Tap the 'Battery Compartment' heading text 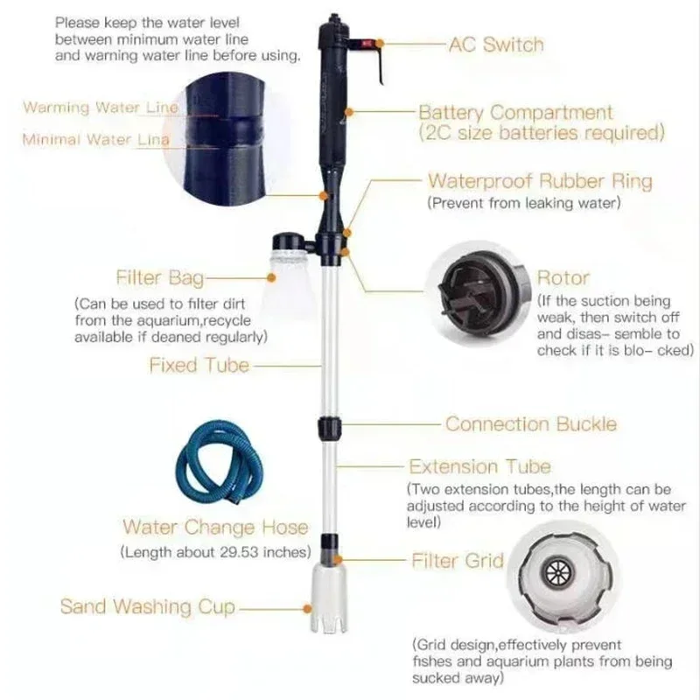pyautogui.click(x=515, y=113)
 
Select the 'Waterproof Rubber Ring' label pyautogui.click(x=539, y=182)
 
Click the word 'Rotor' pyautogui.click(x=563, y=278)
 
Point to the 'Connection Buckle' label pyautogui.click(x=530, y=424)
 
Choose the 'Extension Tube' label pyautogui.click(x=480, y=466)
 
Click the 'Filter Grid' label pyautogui.click(x=458, y=560)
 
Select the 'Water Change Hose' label pyautogui.click(x=214, y=527)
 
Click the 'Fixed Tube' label pyautogui.click(x=199, y=365)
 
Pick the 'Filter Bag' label pyautogui.click(x=160, y=278)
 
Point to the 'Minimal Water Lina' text pyautogui.click(x=96, y=139)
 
